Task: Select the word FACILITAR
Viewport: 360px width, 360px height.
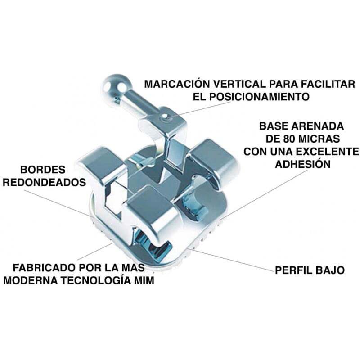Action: (330, 84)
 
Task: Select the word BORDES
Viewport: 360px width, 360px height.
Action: (43, 170)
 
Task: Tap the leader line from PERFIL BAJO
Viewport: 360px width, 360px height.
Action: (234, 260)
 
